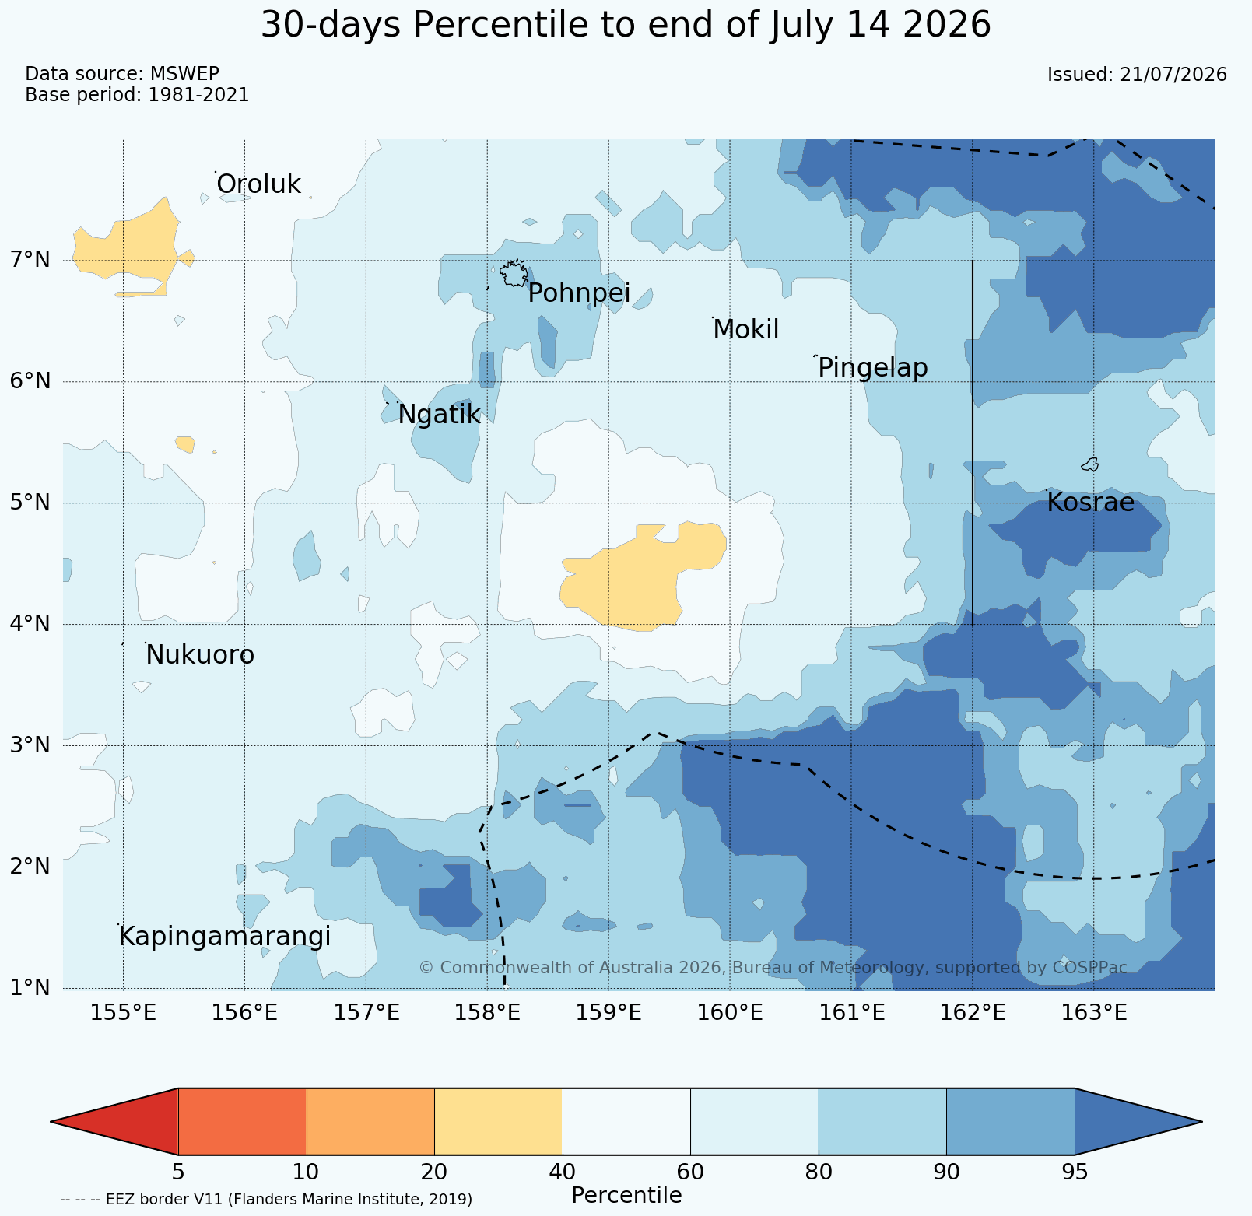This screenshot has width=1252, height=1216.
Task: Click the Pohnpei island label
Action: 579,293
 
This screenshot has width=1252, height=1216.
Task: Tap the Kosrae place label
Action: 1090,503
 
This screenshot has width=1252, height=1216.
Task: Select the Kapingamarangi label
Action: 225,937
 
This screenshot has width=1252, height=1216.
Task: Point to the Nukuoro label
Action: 200,655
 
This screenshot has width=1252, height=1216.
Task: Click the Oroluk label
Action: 258,184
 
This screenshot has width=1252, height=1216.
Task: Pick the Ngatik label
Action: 440,415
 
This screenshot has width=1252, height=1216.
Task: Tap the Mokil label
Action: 746,330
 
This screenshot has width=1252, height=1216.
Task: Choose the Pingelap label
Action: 873,368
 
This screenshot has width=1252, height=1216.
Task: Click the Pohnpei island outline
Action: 514,274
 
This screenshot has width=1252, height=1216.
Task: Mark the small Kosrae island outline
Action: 1090,464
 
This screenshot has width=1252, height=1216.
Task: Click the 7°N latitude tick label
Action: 30,259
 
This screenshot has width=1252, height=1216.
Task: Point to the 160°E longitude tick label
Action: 730,1013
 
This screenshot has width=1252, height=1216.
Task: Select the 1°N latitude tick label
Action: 30,987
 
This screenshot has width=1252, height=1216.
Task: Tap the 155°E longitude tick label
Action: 123,1013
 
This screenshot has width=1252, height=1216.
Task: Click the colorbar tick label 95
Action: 1075,1172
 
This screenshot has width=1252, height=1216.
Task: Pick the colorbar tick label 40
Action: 563,1172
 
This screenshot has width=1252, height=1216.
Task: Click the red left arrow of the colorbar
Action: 114,1122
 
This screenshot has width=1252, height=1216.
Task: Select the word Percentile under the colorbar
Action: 626,1196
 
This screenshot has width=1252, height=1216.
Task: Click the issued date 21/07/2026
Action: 1173,75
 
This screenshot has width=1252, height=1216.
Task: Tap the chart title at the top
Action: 626,25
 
